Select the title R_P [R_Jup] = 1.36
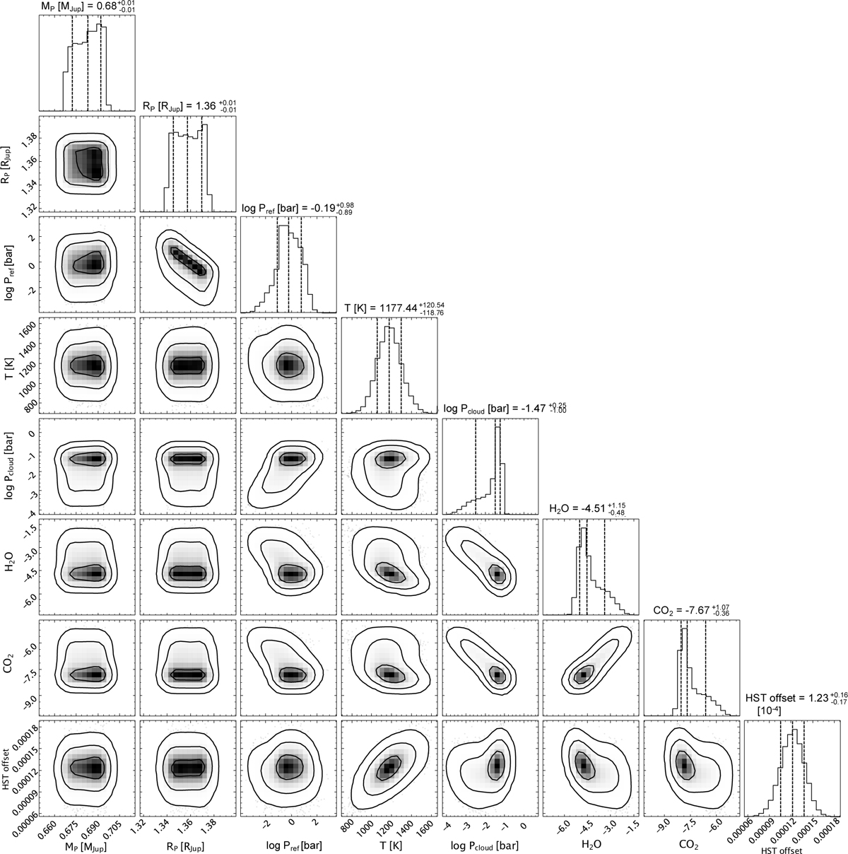189,106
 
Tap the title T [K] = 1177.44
394,308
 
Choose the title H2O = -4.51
587,508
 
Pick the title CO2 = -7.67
691,610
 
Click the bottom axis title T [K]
390,846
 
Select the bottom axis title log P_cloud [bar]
485,846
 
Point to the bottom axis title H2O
591,846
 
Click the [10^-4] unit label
769,723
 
